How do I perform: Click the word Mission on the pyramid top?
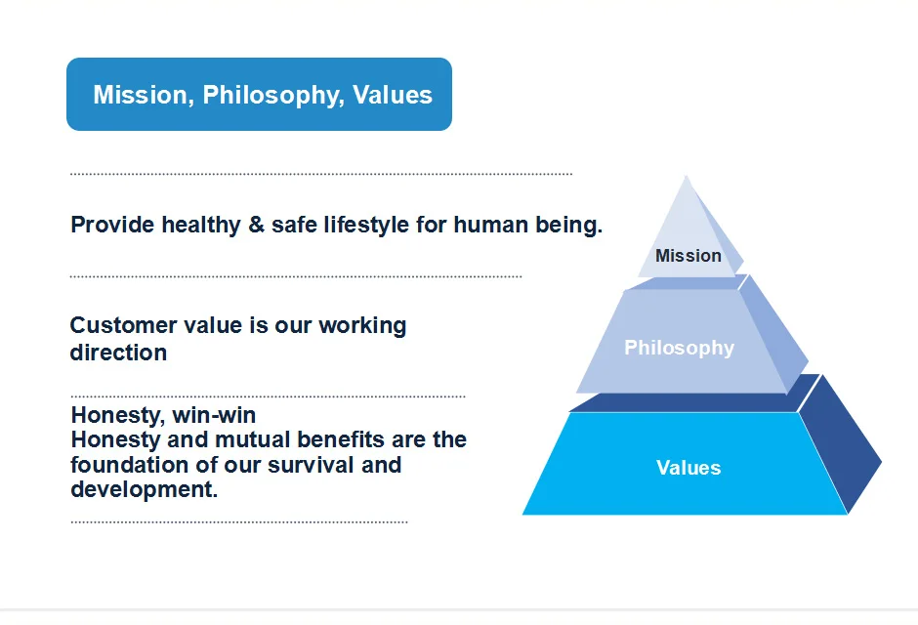tap(688, 256)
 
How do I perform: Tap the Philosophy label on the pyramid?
tap(679, 349)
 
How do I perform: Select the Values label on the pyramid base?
tap(688, 468)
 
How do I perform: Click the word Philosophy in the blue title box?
tap(272, 96)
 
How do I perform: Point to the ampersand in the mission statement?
tap(257, 225)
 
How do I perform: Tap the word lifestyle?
tap(366, 226)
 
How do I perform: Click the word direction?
tap(118, 353)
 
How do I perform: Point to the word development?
tap(144, 490)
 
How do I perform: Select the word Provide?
tap(112, 225)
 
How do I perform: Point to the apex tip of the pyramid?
tap(687, 176)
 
